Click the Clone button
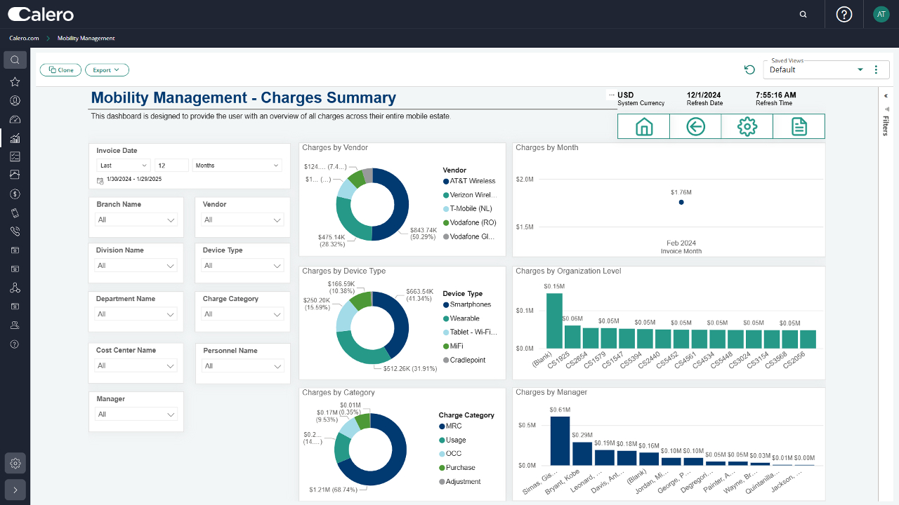point(60,70)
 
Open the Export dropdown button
point(107,70)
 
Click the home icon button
point(643,126)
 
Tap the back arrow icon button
point(695,126)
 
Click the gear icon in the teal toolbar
point(747,126)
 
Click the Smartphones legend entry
point(470,304)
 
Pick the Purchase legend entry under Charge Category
point(460,468)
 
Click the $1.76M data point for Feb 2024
point(681,202)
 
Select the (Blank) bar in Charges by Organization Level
point(555,321)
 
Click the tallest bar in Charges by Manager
point(560,440)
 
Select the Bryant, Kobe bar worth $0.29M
point(582,453)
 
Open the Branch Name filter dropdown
point(136,220)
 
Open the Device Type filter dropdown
point(242,266)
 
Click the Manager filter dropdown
point(136,415)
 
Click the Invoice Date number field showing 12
point(171,166)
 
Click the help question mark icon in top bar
point(844,14)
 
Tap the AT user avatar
point(881,14)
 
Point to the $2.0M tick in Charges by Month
point(525,180)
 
